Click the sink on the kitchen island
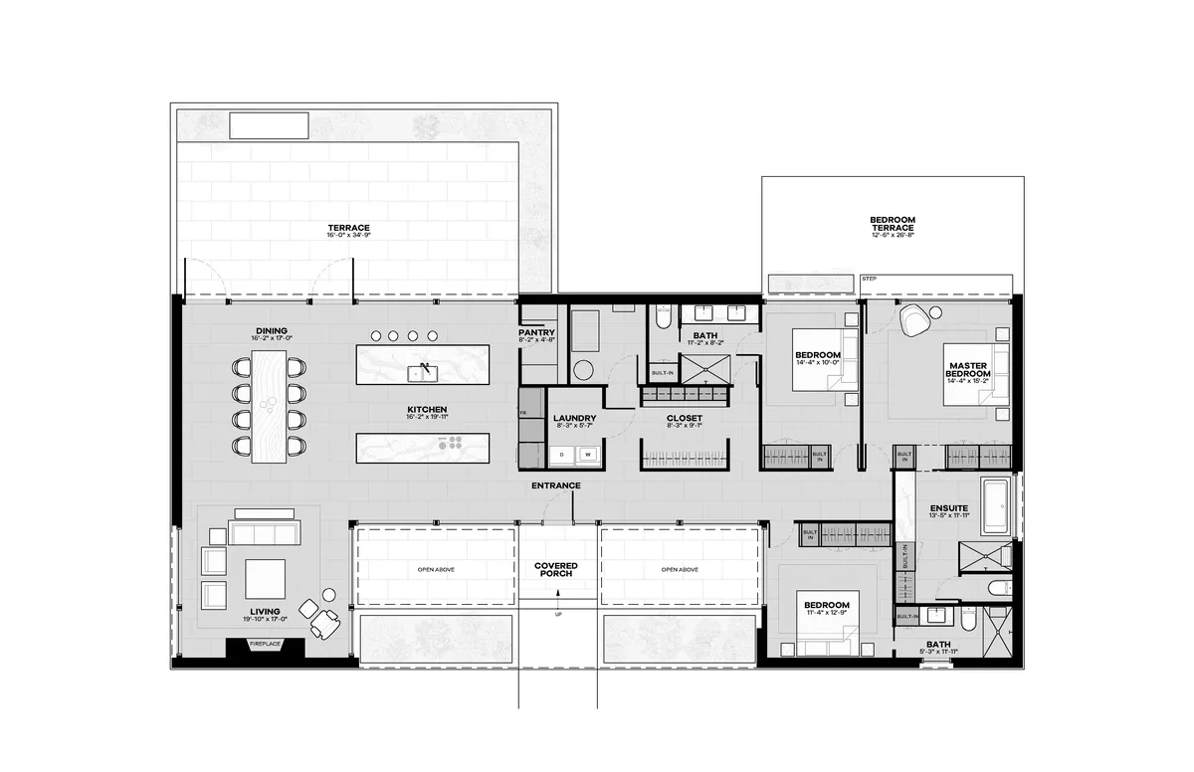click(x=422, y=373)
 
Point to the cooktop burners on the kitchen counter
click(x=453, y=443)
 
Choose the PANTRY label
click(x=537, y=336)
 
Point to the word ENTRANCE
click(x=555, y=485)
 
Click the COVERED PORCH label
click(x=556, y=570)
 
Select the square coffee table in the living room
click(x=265, y=578)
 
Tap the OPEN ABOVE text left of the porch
click(x=435, y=570)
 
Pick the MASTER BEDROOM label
click(x=968, y=369)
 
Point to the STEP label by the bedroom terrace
click(x=869, y=280)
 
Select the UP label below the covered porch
click(x=557, y=614)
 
